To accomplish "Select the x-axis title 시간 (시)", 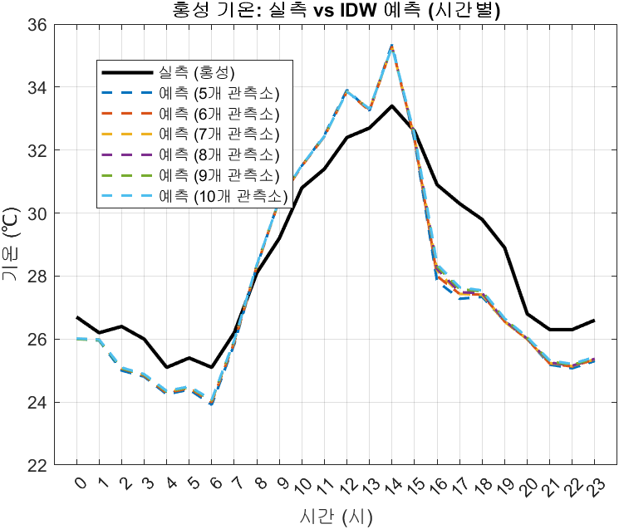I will point(336,516).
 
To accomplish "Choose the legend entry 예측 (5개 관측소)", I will point(219,92).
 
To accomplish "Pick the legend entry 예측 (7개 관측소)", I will point(219,134).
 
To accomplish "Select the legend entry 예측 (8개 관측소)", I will point(219,154).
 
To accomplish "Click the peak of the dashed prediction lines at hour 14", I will point(391,46).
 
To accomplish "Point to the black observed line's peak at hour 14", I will point(391,105).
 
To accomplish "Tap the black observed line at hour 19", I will point(504,247).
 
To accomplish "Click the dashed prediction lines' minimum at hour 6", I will point(212,403).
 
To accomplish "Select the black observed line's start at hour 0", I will point(77,317).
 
